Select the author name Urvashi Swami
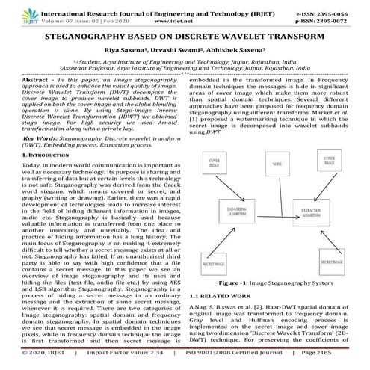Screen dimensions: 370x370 click(x=179, y=49)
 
